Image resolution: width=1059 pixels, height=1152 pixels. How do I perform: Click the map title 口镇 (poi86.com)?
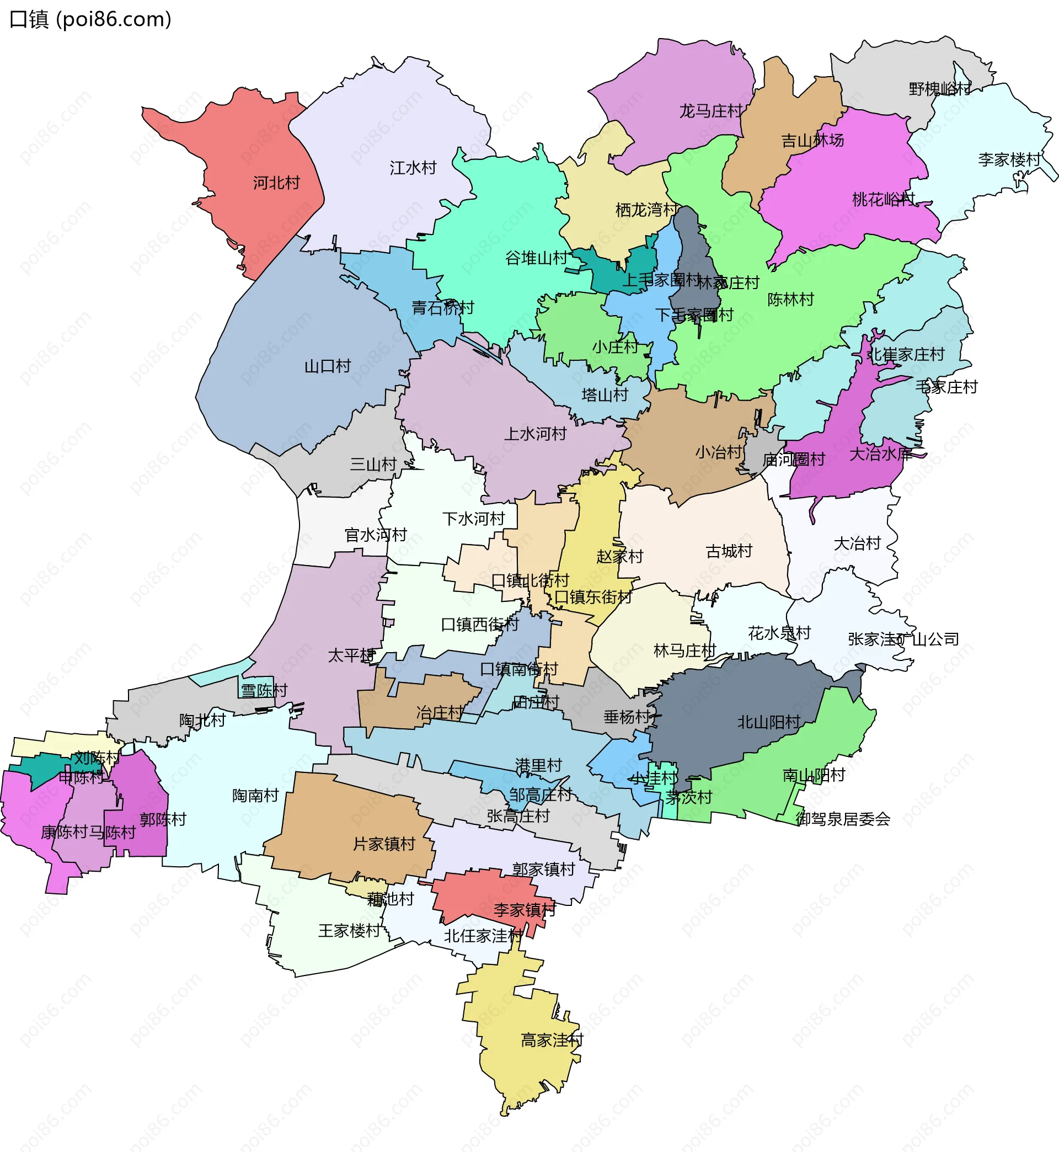[90, 19]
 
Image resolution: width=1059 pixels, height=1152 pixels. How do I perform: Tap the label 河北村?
[276, 183]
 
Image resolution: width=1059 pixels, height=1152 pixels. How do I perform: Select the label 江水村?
[413, 168]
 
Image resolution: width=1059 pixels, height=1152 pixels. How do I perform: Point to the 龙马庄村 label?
[710, 111]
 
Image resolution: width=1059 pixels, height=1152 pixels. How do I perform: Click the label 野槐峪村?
[940, 89]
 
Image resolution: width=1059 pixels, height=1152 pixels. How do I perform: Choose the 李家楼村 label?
[1009, 159]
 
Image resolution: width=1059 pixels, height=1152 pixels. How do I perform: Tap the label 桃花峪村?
[883, 200]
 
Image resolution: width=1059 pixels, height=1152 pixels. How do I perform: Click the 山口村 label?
[327, 366]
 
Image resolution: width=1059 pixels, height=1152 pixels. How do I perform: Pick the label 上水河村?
[534, 434]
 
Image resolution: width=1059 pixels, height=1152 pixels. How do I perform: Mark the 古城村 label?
[729, 551]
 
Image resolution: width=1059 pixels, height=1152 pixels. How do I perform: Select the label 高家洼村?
[551, 1040]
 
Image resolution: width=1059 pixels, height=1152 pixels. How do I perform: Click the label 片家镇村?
[383, 844]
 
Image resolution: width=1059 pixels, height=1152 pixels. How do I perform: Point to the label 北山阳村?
[768, 722]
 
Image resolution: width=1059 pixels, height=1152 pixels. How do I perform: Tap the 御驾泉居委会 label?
[842, 819]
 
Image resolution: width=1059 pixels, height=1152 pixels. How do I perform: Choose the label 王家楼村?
[349, 931]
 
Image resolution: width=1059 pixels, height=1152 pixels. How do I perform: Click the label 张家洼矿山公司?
[903, 639]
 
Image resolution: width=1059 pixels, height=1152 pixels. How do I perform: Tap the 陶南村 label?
[255, 796]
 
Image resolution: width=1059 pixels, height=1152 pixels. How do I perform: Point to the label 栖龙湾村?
[646, 210]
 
